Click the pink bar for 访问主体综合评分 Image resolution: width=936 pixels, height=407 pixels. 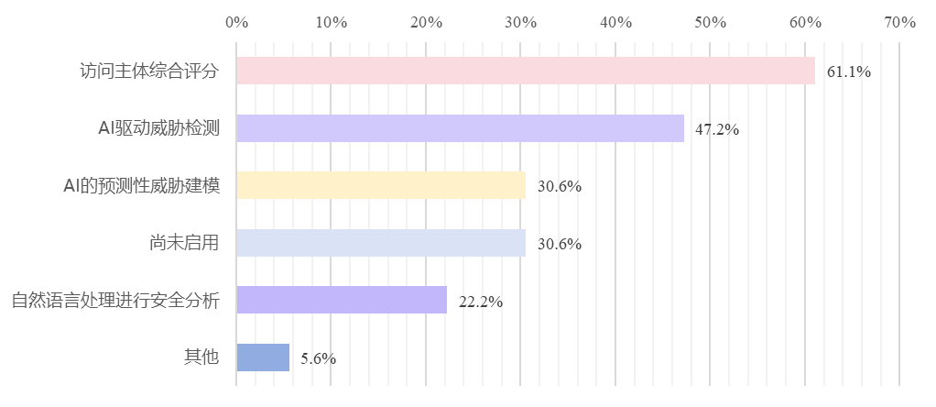[x=525, y=71]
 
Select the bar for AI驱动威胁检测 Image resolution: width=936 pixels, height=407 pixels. [x=460, y=128]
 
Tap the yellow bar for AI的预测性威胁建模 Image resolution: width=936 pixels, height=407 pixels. [x=381, y=185]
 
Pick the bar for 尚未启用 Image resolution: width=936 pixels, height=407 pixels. [x=381, y=243]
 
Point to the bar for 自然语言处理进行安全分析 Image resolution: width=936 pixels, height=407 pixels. [x=342, y=300]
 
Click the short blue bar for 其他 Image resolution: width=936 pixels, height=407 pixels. [x=263, y=357]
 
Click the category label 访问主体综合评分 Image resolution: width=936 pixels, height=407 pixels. [x=149, y=71]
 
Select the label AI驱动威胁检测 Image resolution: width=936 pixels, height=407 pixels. [x=158, y=128]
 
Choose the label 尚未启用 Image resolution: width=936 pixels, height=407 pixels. [x=184, y=243]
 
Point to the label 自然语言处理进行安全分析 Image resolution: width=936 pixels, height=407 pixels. [x=115, y=300]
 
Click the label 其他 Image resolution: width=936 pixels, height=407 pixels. [x=201, y=357]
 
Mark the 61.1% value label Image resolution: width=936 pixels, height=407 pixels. [x=848, y=71]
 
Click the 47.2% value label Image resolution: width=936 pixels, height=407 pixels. [x=717, y=129]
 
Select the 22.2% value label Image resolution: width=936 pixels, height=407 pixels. [x=480, y=302]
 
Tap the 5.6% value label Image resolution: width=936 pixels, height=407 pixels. [x=318, y=359]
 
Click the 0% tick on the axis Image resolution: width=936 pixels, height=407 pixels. [x=236, y=22]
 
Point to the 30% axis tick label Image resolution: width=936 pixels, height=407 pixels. [x=520, y=22]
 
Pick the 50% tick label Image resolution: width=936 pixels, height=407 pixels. [x=710, y=22]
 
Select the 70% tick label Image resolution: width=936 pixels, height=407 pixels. [x=899, y=22]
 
